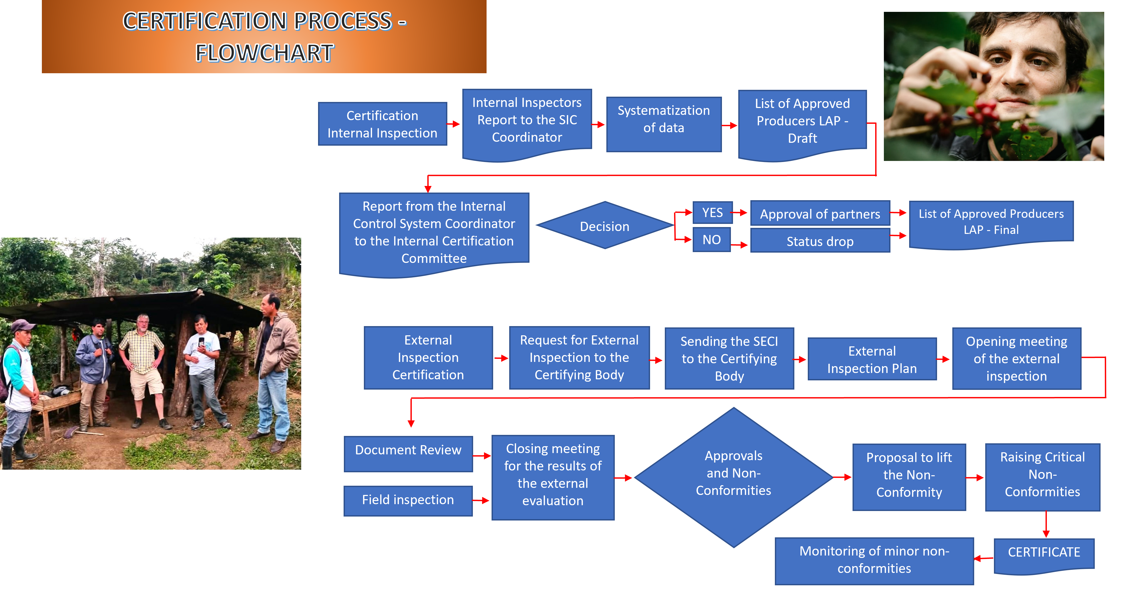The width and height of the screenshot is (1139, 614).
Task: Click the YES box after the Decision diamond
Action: (712, 213)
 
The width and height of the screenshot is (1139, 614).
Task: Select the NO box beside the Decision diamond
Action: (711, 240)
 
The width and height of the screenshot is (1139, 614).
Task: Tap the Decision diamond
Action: (605, 226)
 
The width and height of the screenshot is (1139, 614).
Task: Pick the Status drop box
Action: (820, 241)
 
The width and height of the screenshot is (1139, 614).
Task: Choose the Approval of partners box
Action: (820, 214)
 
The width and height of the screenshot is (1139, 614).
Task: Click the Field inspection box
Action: (408, 500)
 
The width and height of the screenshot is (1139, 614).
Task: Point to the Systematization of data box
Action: (663, 119)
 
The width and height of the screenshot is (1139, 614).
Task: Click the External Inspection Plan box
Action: (872, 359)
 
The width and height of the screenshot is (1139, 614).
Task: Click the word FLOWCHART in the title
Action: (264, 53)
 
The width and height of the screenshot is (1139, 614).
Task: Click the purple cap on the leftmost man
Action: (23, 326)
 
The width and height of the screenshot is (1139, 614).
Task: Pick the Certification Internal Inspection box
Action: (382, 124)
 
